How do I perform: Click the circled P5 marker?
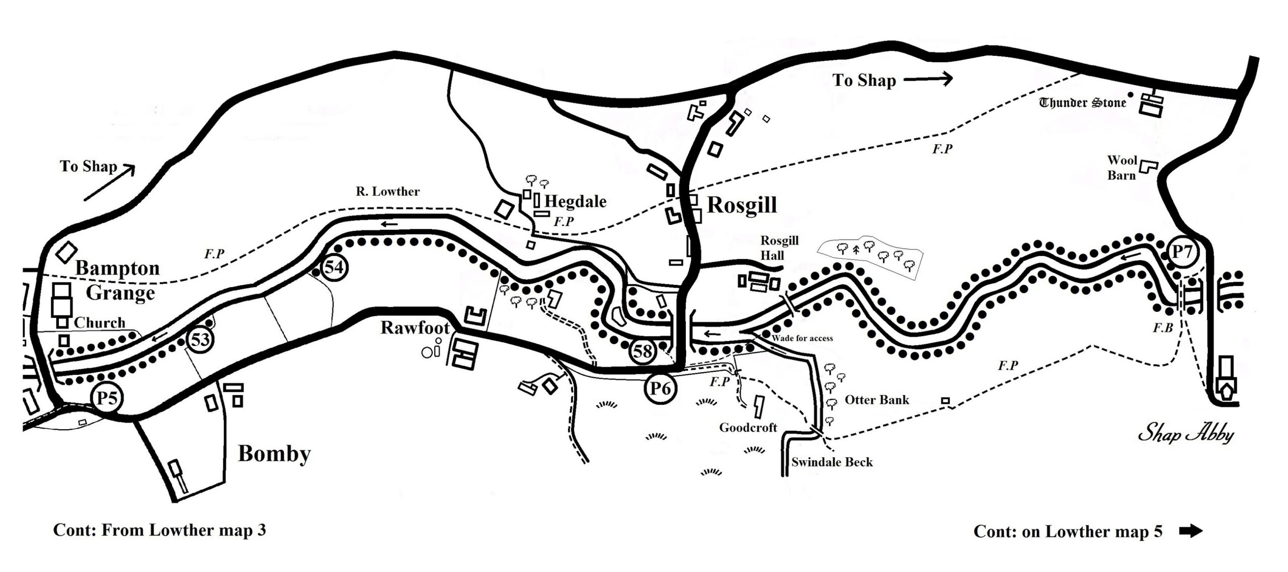pos(107,398)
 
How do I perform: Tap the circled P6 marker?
pos(660,389)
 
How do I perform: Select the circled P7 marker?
pos(1182,252)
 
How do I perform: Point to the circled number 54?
pos(334,267)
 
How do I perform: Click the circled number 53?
pos(200,340)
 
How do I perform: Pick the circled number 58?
pos(642,351)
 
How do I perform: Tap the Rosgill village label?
pos(742,205)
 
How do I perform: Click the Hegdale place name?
pos(575,202)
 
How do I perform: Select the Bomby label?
pos(274,454)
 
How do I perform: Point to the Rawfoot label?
pos(415,328)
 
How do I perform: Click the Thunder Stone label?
pos(1082,103)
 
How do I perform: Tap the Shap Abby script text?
pos(1185,434)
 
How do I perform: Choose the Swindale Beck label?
pos(832,462)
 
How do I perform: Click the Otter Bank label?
pos(877,400)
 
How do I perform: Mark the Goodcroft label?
pos(748,428)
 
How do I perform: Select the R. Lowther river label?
pos(387,191)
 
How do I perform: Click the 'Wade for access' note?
pos(802,338)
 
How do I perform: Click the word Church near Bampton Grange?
pos(100,323)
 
